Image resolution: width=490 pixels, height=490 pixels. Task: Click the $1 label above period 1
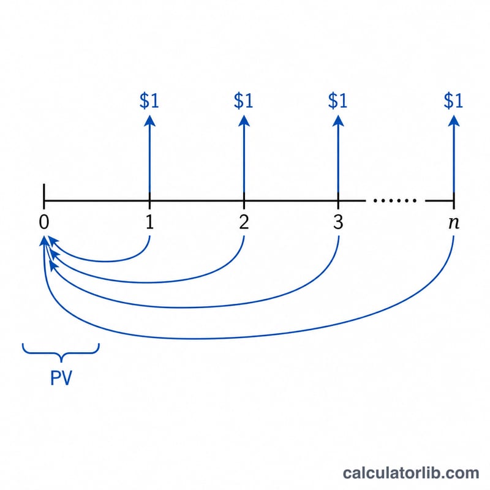[149, 100]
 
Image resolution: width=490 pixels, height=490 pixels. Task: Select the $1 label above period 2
[243, 100]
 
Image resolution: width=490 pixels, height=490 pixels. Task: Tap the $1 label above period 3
[338, 100]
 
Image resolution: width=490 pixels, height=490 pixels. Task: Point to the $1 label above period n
[453, 100]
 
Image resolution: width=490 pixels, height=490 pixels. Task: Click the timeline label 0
[44, 222]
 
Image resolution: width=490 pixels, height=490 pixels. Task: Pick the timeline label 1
[149, 222]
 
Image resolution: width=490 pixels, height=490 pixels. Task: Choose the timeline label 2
[244, 222]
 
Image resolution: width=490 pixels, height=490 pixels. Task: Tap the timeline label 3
[338, 222]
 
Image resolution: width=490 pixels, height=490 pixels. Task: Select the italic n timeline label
[454, 223]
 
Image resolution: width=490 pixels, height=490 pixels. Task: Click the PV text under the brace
[61, 378]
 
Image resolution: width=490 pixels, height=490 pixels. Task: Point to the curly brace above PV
[61, 353]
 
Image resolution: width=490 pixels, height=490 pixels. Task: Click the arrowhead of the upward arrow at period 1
[149, 121]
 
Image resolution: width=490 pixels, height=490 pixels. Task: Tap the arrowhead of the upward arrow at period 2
[244, 121]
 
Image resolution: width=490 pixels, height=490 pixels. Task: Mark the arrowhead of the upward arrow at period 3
[338, 121]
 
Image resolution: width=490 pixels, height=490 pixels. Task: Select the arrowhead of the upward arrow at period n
[454, 121]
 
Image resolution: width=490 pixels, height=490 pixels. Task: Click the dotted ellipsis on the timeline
[395, 200]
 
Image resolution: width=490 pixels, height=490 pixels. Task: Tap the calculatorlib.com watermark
[411, 473]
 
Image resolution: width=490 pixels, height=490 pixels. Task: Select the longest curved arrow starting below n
[200, 339]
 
